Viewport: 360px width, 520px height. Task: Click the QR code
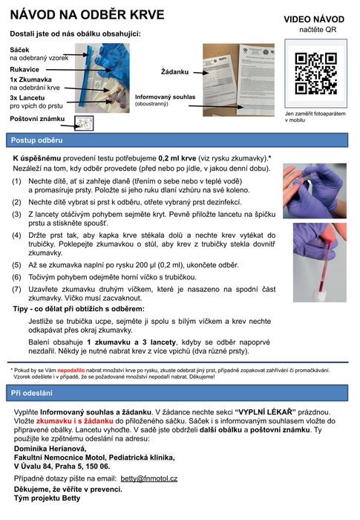(x=315, y=74)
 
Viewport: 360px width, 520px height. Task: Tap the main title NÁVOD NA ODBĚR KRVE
(x=87, y=15)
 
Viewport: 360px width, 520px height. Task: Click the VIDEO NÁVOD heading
(x=314, y=19)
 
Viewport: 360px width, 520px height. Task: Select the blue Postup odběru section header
(x=177, y=140)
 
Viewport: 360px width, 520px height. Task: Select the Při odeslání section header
(x=177, y=393)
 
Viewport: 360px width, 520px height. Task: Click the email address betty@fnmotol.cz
(x=149, y=478)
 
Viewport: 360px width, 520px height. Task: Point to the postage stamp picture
(x=84, y=123)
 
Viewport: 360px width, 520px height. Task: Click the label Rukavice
(x=24, y=69)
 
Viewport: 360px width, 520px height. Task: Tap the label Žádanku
(x=174, y=71)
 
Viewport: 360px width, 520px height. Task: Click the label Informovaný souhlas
(x=165, y=97)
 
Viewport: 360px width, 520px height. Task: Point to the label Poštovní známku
(x=37, y=119)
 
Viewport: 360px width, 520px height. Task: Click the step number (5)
(x=16, y=265)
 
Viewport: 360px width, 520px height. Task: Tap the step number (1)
(x=16, y=181)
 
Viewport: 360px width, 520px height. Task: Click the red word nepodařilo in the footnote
(x=71, y=370)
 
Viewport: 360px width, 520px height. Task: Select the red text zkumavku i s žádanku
(x=74, y=421)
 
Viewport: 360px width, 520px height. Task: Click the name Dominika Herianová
(x=50, y=449)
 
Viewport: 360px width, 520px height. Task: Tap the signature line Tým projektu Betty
(x=47, y=498)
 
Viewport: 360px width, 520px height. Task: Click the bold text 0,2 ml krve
(x=177, y=158)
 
